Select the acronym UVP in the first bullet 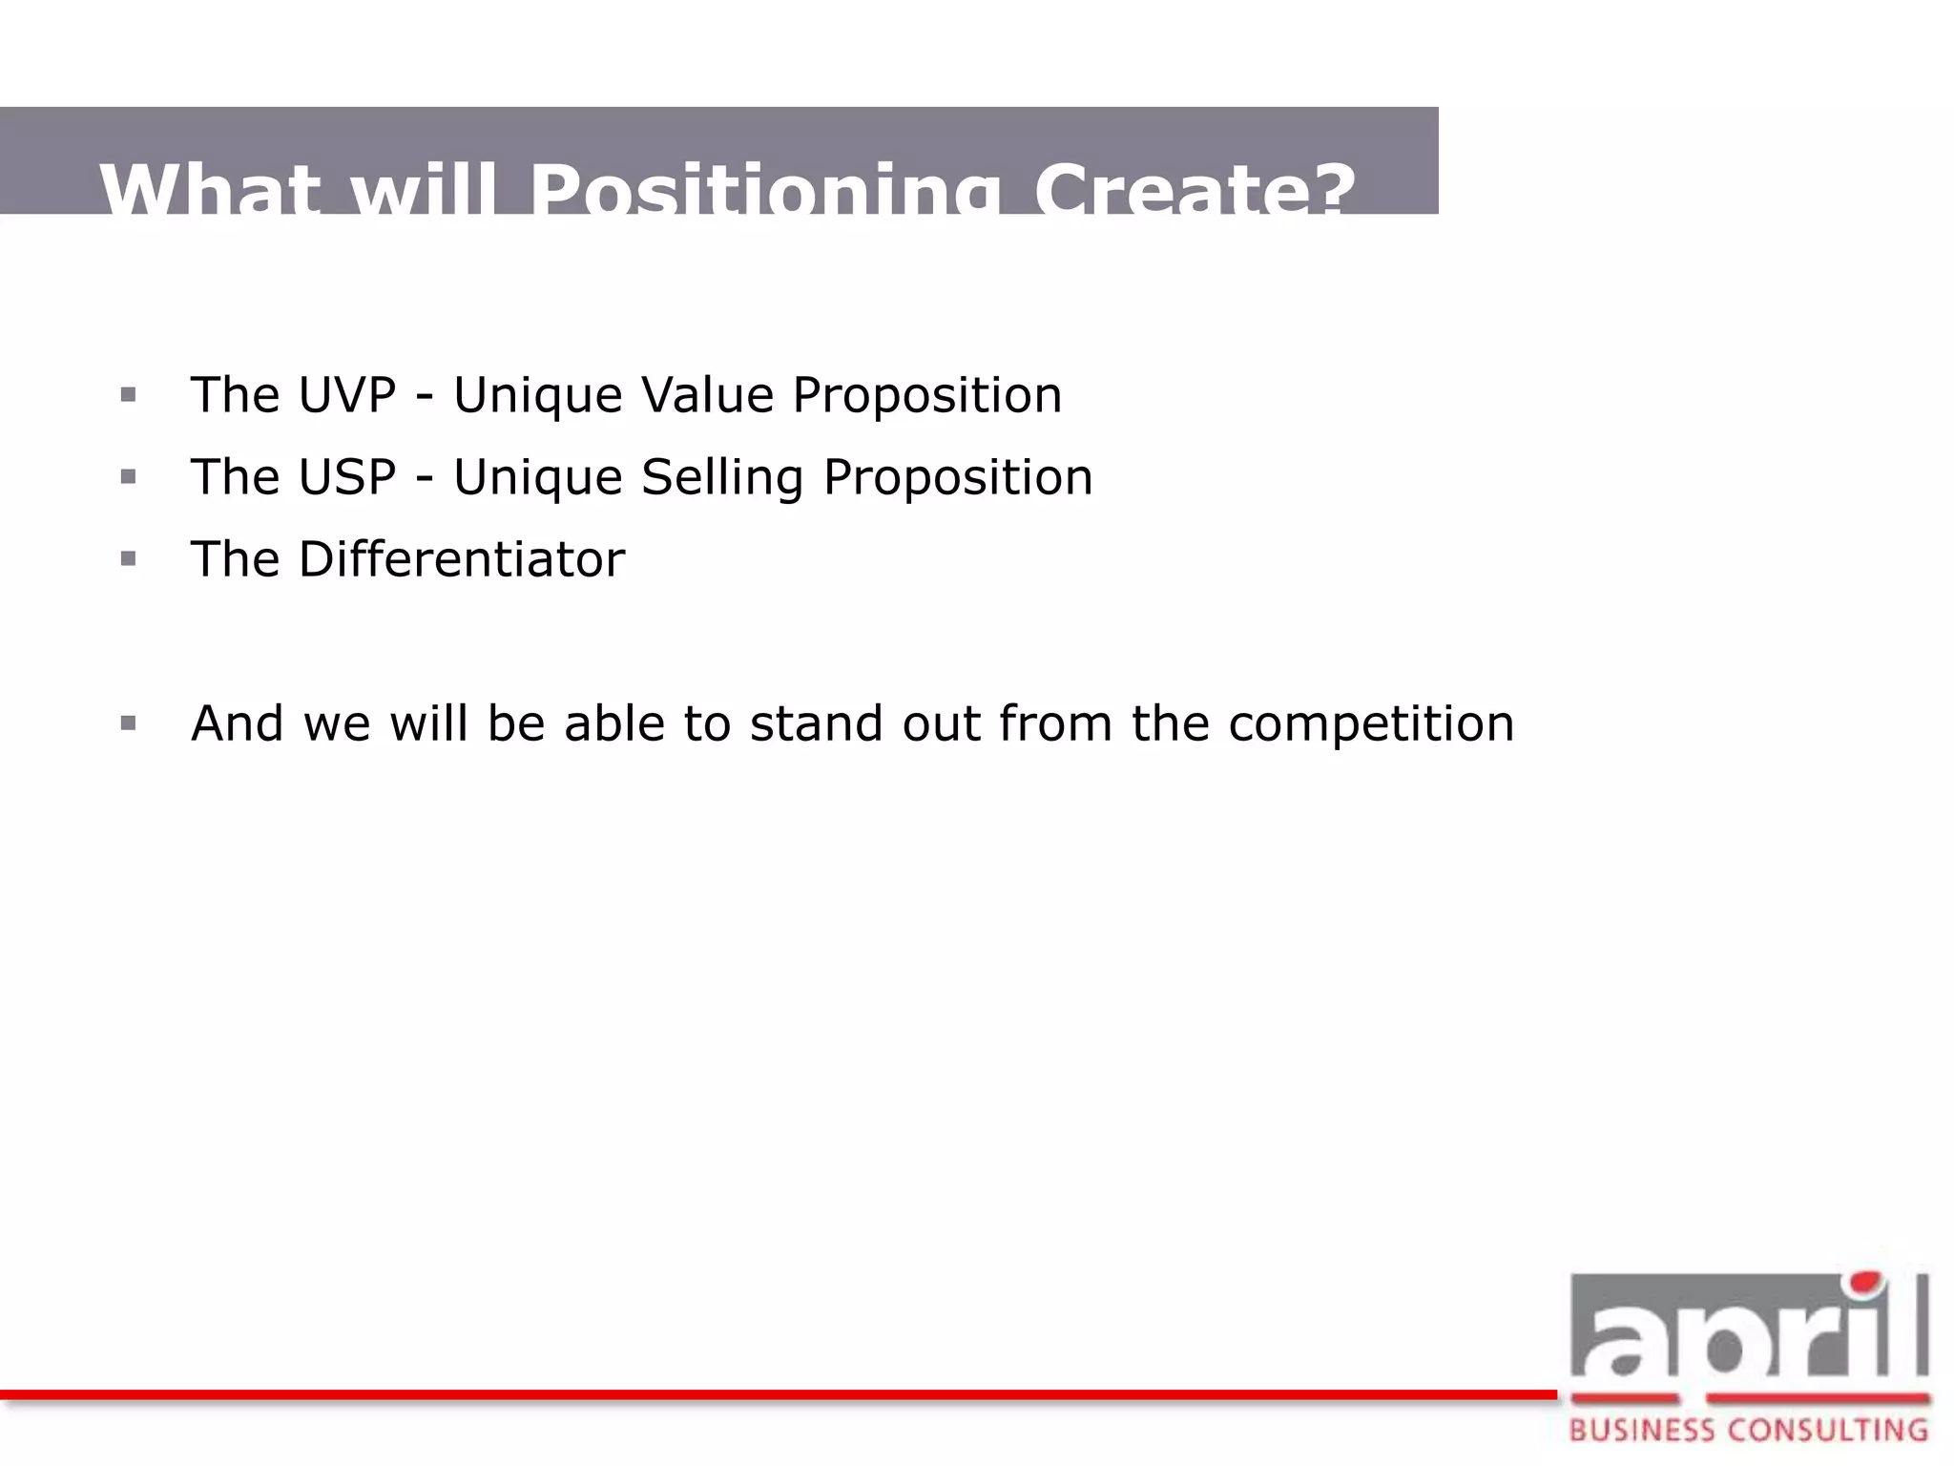pos(346,395)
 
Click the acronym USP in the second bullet pos(346,477)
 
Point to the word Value pos(707,395)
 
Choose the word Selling pos(722,477)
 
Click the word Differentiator pos(462,559)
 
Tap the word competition pos(1371,723)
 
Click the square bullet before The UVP pos(129,394)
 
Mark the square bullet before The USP pos(129,476)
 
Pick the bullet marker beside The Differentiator pos(129,558)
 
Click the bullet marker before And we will pos(129,723)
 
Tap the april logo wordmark pos(1749,1331)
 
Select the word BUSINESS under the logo pos(1641,1430)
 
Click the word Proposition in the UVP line pos(926,395)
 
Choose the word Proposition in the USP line pos(957,477)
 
